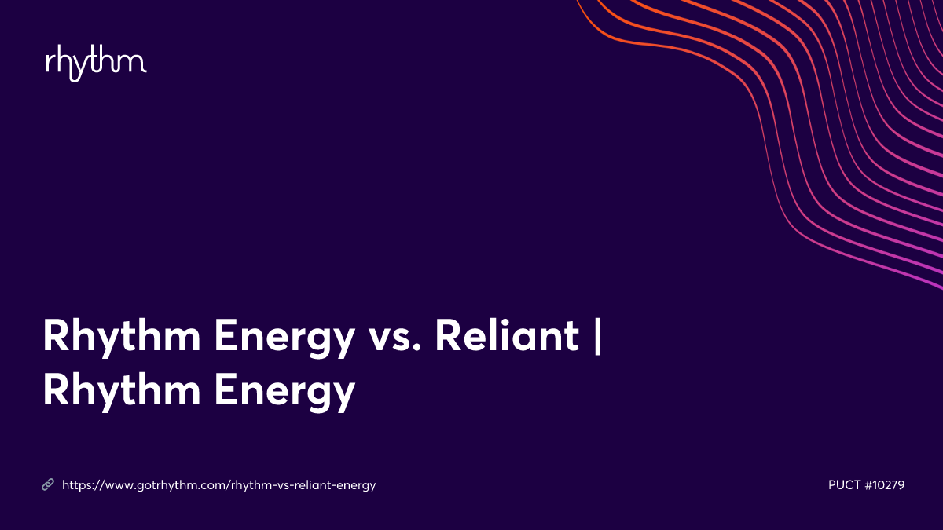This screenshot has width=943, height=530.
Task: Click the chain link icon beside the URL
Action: (48, 485)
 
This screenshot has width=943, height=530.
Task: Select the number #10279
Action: (885, 485)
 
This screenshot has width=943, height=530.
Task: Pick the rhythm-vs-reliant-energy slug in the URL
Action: (303, 485)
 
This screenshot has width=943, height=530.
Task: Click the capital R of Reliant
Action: (449, 338)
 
